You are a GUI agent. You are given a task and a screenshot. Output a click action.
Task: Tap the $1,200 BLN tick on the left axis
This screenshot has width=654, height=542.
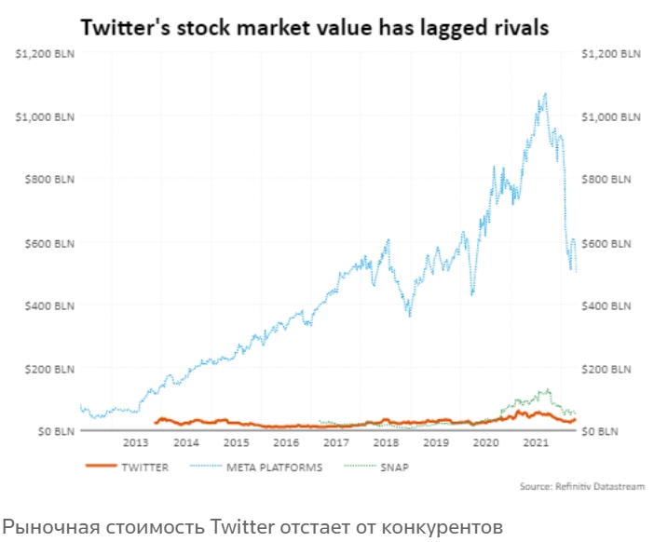pyautogui.click(x=45, y=54)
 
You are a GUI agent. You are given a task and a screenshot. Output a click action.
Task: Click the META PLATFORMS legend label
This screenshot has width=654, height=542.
pyautogui.click(x=274, y=467)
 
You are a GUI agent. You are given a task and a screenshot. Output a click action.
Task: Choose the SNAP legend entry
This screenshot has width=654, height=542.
pyautogui.click(x=393, y=467)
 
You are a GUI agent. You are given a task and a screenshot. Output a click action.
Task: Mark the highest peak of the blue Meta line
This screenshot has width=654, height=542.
pyautogui.click(x=545, y=93)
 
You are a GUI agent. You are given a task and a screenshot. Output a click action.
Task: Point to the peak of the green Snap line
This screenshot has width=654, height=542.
pyautogui.click(x=547, y=389)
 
